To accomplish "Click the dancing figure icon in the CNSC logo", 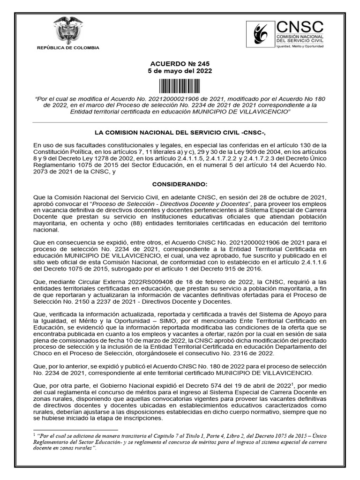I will [x=261, y=34].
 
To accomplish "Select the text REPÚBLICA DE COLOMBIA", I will [x=68, y=48].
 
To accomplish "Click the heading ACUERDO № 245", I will [x=180, y=64].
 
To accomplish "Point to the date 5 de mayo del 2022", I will [x=180, y=71].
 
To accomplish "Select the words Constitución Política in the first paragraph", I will [x=58, y=153].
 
